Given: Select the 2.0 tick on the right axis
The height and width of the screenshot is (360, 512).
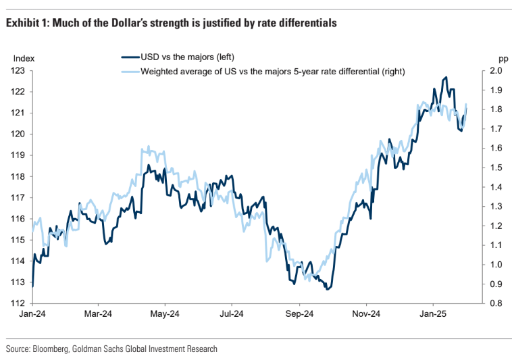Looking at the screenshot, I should (495, 70).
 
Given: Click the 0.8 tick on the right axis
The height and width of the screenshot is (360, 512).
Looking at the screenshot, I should (495, 303).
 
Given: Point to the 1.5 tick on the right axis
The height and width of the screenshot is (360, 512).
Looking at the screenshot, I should (495, 168).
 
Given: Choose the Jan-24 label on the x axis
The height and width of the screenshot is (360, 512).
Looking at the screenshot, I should (32, 314).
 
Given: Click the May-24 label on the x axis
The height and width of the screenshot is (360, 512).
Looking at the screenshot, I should (164, 314).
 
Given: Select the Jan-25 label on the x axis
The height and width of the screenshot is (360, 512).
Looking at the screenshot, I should (433, 314).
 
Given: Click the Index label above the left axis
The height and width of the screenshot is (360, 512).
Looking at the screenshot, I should (23, 59).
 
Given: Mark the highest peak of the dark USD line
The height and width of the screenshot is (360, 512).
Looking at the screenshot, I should (445, 78).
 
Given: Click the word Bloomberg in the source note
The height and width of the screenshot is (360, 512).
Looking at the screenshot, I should (55, 349).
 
